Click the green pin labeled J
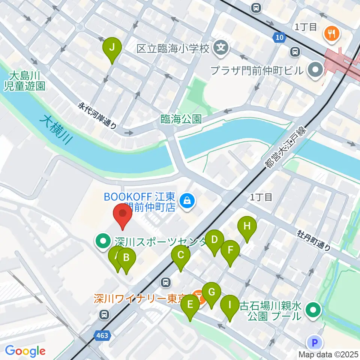point(112,48)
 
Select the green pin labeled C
point(180,256)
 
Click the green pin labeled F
point(230,250)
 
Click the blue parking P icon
point(314,342)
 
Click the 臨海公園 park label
point(181,119)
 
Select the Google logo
point(25,351)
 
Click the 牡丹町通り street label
point(314,240)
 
